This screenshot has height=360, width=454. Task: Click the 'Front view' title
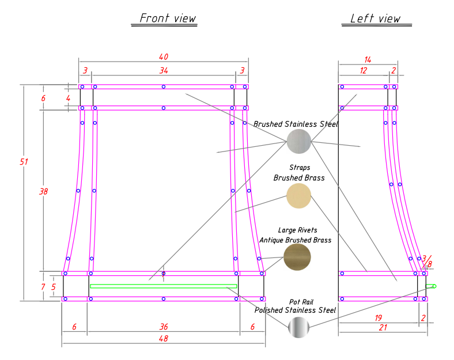[168, 18]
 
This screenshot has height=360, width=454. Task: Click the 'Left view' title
[375, 18]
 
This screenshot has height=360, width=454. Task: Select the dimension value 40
[164, 56]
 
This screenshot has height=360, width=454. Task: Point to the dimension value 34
[164, 70]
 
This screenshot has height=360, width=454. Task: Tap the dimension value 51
[24, 162]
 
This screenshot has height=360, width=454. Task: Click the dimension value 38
[43, 192]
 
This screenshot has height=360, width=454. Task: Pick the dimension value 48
[164, 339]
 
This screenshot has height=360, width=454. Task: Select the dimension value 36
[164, 327]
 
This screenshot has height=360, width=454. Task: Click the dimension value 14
[368, 59]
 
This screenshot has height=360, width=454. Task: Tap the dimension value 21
[383, 327]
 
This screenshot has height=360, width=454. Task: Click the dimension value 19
[378, 317]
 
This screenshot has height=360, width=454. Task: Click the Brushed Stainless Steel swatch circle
[298, 142]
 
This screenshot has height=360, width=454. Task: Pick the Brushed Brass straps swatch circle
[298, 196]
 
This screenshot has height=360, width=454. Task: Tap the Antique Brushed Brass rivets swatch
[297, 256]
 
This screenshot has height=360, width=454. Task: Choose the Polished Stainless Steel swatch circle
[298, 328]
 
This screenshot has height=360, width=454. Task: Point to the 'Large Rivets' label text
[297, 230]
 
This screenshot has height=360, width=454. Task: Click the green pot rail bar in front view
[164, 286]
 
